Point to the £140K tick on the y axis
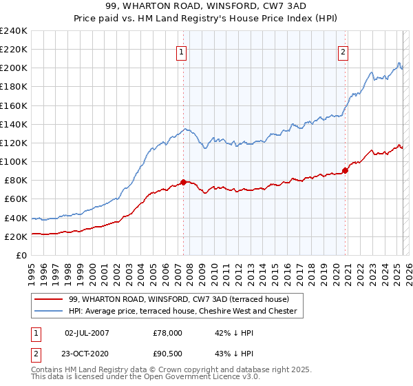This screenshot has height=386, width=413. tap(13, 124)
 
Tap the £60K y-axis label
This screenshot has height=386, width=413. tap(15, 199)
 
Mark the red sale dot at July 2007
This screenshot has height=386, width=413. tap(183, 182)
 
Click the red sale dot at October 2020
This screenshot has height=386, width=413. tap(345, 170)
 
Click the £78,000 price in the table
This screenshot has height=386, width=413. tap(168, 332)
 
